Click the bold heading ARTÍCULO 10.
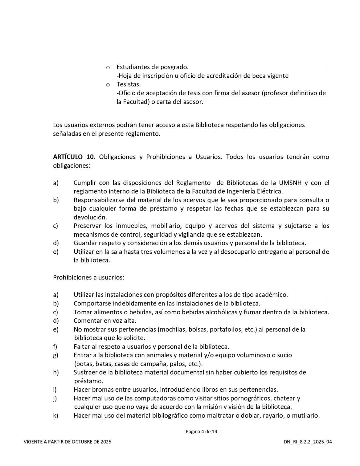pos(74,157)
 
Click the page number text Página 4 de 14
pos(201,432)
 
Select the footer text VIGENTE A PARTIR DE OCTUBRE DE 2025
pos(67,442)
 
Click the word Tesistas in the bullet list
pos(129,84)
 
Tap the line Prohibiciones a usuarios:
pos(89,277)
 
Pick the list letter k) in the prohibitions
pos(56,416)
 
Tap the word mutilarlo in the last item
pos(306,416)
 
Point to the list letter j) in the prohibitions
pos(55,398)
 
